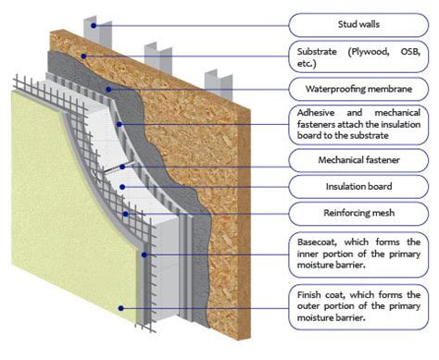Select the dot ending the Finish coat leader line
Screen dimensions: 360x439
(x=119, y=305)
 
